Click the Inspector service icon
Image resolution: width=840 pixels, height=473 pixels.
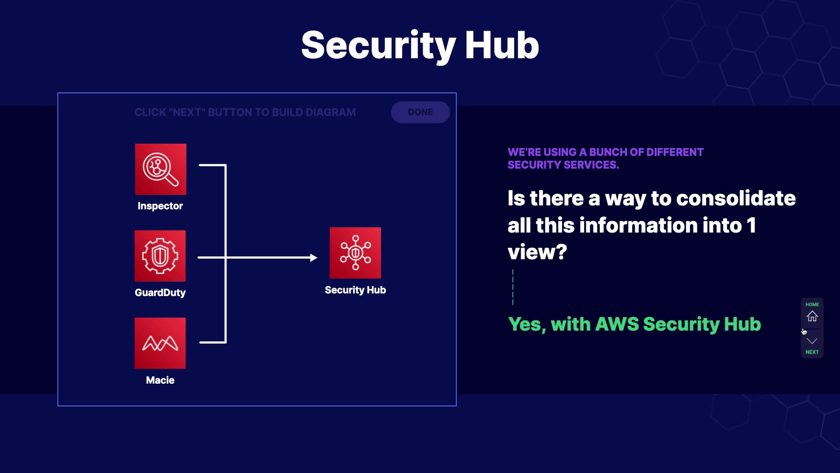(x=161, y=169)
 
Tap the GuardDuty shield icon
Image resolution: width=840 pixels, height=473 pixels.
(x=160, y=256)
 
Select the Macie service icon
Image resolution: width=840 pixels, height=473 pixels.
(x=160, y=343)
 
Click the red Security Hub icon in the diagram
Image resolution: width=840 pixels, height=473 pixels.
(x=355, y=253)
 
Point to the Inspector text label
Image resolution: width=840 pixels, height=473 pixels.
(x=160, y=206)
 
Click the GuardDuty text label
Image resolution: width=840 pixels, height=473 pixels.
(x=160, y=293)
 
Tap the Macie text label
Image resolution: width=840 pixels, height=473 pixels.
(x=160, y=380)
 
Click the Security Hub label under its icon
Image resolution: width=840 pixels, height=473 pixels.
(x=355, y=290)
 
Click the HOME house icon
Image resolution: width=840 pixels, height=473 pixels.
(x=812, y=316)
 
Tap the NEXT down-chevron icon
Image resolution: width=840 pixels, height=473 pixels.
(x=812, y=341)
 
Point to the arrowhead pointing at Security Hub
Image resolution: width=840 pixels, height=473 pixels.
(x=314, y=258)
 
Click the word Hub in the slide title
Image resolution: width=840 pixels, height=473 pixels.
(x=502, y=45)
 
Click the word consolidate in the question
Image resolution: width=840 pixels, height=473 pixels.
(x=736, y=198)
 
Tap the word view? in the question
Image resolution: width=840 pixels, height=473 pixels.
(x=537, y=252)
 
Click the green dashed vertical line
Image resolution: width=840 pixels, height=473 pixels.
(x=513, y=287)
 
